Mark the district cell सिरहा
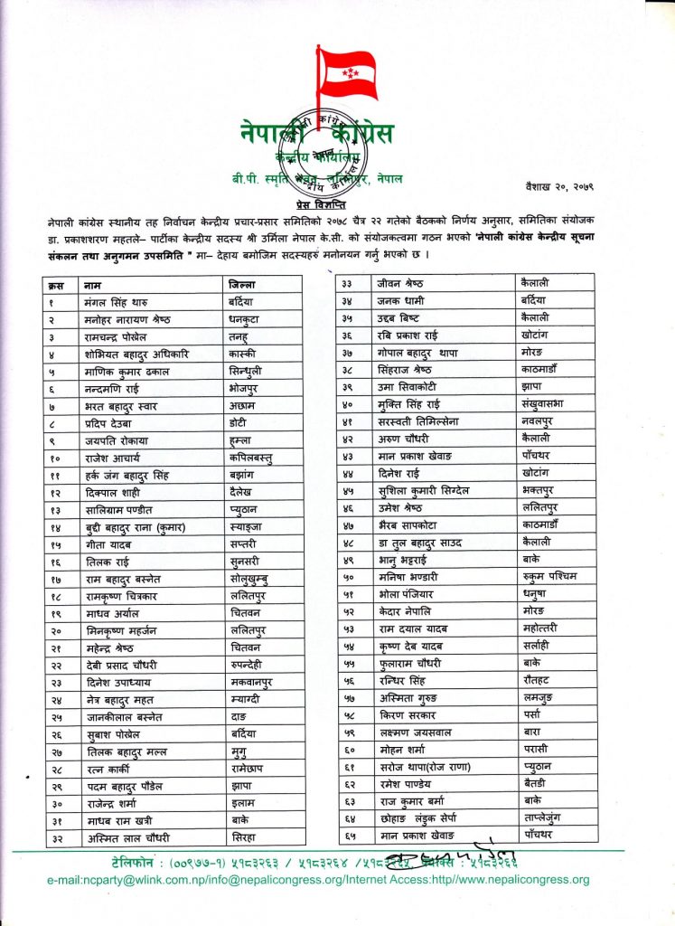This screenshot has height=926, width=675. (244, 838)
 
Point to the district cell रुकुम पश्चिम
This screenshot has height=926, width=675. (556, 576)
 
